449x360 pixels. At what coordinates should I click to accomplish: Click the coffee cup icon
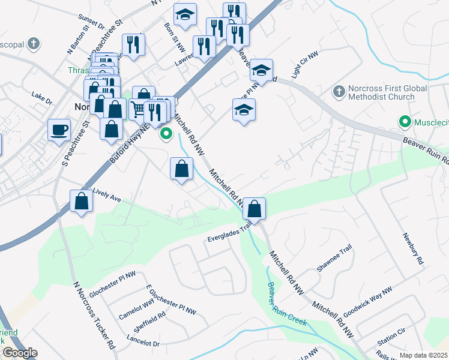59,130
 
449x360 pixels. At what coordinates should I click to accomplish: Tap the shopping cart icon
138,109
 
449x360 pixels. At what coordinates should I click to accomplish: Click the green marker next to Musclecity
405,122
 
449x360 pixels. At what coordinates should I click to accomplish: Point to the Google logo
20,353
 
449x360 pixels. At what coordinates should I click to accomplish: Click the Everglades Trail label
229,231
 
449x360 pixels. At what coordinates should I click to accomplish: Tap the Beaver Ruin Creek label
287,304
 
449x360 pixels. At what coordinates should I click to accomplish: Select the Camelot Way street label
137,304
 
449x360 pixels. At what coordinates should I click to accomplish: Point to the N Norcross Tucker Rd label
93,316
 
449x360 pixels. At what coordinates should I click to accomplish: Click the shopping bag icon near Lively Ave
81,202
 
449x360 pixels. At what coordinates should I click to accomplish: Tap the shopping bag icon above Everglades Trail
255,209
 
